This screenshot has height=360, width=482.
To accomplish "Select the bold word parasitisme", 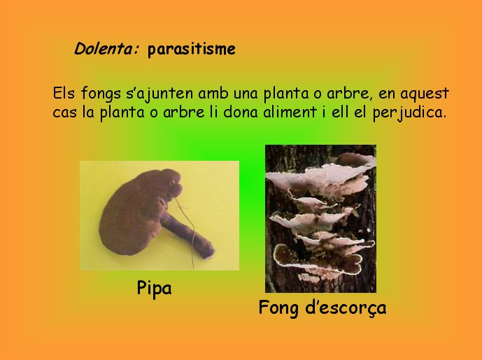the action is (x=192, y=49).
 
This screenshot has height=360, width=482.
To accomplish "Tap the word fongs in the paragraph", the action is (x=101, y=94).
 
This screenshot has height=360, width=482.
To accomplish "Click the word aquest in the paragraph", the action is (x=425, y=94).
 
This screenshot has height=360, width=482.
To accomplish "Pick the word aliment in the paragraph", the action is (x=290, y=112).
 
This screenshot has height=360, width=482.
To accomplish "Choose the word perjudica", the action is (x=409, y=113).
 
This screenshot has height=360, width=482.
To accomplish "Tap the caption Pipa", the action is (x=154, y=289).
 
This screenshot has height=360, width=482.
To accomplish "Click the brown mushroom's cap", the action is (x=137, y=212).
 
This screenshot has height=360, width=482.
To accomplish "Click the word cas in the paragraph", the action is (x=64, y=113).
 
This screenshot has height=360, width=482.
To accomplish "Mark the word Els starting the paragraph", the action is (x=64, y=93).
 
